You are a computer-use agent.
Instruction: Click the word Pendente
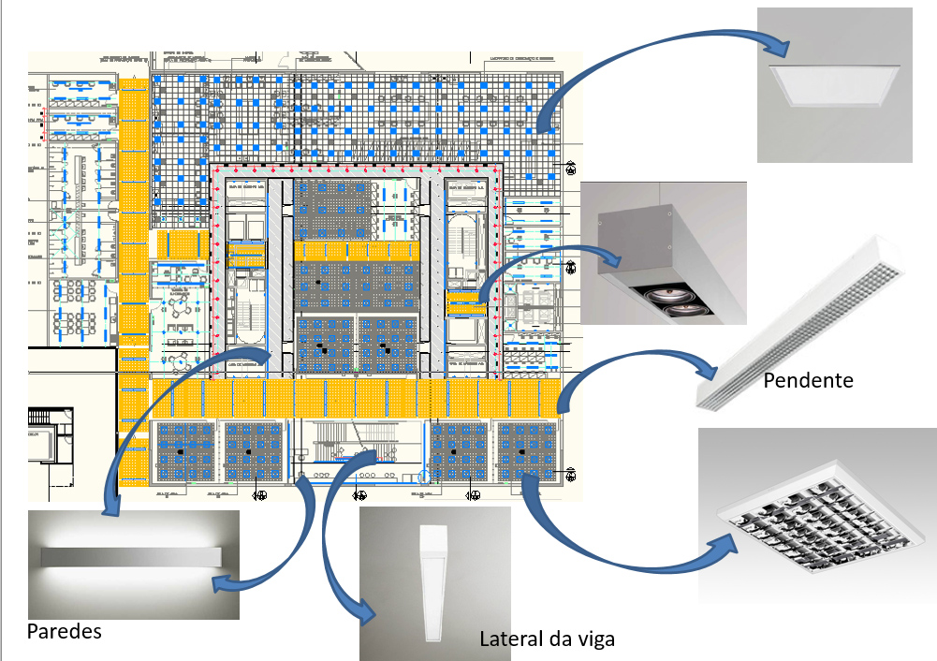[808, 381]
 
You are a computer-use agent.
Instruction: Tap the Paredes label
[64, 631]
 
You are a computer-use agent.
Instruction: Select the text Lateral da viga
[547, 639]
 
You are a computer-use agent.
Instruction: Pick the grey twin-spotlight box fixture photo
[663, 254]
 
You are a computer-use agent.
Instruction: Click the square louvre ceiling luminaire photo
[817, 515]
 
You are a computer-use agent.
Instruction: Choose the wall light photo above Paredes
[133, 565]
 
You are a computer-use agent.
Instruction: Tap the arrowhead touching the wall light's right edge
[225, 583]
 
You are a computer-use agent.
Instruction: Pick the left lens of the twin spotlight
[660, 299]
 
